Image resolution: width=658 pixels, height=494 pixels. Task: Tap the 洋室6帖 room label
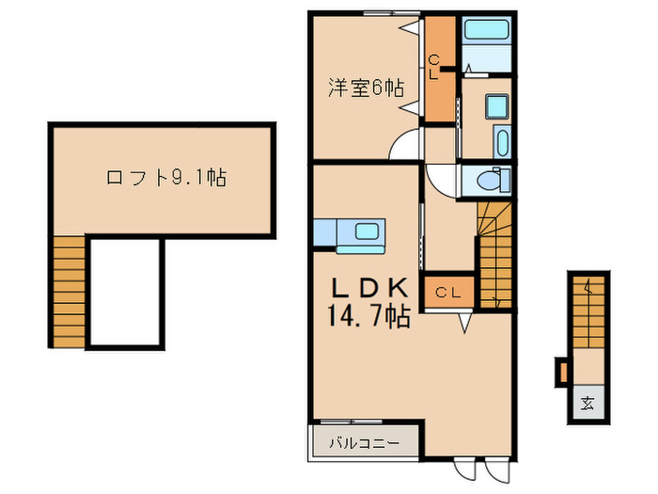[x=367, y=89]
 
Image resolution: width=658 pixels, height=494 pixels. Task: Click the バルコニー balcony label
[x=365, y=441]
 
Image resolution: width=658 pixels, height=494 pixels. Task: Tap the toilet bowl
[x=492, y=179]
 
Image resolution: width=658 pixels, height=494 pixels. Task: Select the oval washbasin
[x=500, y=145]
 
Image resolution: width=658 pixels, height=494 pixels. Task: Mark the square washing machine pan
[x=495, y=104]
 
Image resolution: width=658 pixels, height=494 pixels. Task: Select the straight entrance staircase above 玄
[x=587, y=311]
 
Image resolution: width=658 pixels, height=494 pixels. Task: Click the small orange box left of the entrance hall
[x=563, y=373]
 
